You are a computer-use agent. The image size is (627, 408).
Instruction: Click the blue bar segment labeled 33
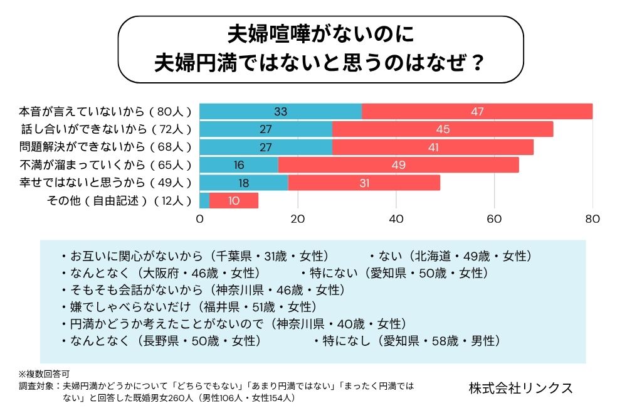[x=280, y=112]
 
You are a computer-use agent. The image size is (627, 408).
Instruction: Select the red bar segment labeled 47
[x=477, y=112]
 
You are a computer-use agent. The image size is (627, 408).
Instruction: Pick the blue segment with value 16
[x=239, y=165]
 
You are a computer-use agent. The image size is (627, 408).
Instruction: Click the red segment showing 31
[x=364, y=183]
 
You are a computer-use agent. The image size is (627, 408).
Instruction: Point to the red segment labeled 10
[x=234, y=201]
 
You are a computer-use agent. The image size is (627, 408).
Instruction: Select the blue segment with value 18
[x=244, y=183]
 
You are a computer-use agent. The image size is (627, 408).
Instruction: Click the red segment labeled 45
[x=443, y=129]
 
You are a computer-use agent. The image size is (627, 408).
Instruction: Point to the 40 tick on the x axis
[x=396, y=219]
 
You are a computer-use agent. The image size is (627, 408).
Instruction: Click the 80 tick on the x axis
[x=593, y=219]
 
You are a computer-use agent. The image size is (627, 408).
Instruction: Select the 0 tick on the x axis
[x=200, y=219]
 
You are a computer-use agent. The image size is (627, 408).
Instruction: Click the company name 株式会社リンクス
[x=520, y=387]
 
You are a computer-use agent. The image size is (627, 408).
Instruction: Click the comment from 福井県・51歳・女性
[x=189, y=307]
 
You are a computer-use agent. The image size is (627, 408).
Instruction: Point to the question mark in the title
[x=477, y=63]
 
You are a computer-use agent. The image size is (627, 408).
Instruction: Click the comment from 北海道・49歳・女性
[x=450, y=256]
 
